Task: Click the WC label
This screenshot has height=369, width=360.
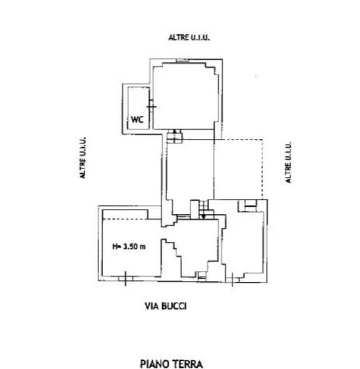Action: (x=137, y=119)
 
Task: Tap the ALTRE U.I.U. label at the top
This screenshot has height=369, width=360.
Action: (x=189, y=38)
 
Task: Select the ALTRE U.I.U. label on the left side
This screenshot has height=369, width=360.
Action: (x=83, y=158)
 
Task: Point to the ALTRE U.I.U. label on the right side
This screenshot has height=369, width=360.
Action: (x=288, y=163)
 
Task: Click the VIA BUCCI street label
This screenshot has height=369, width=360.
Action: (x=166, y=306)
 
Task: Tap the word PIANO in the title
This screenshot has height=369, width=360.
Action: (x=155, y=364)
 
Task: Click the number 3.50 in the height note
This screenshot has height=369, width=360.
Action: (x=130, y=246)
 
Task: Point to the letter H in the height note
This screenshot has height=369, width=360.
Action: (x=115, y=246)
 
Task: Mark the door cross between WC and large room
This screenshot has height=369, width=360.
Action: (x=151, y=107)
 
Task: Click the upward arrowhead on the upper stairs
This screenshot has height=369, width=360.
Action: (x=174, y=131)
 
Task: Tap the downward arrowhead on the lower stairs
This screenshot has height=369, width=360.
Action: (x=203, y=216)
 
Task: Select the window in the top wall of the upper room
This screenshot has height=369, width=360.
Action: (x=183, y=61)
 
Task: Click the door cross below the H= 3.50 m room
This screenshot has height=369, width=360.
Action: (x=125, y=278)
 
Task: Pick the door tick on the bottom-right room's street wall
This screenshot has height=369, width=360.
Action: (x=233, y=280)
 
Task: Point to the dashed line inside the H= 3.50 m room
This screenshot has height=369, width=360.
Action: (x=125, y=220)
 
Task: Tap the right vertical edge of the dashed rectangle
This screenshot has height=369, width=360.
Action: (x=262, y=169)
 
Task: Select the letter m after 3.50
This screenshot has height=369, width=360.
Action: (x=142, y=247)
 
